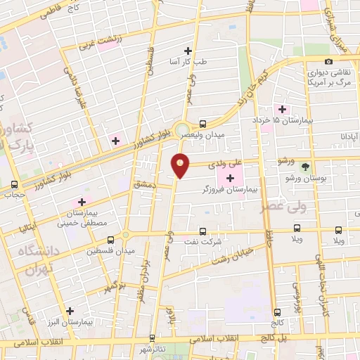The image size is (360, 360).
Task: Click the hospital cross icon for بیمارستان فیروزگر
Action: [231, 177]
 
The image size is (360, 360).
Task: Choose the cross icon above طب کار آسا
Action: [188, 50]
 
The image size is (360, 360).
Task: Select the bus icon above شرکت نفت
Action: [203, 230]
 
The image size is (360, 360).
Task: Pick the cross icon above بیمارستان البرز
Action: [70, 311]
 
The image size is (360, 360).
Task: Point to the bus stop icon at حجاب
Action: [14, 185]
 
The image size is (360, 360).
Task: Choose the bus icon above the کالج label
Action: [277, 311]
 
